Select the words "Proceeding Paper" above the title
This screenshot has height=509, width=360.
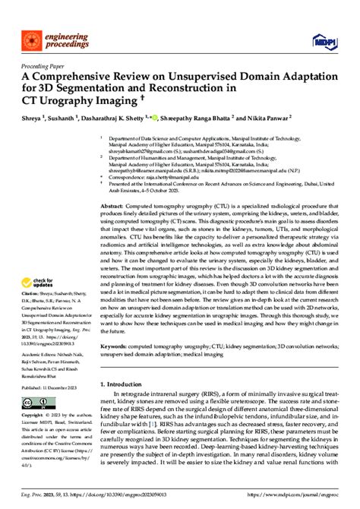coord(33,65)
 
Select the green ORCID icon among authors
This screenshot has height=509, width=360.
coord(157,118)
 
